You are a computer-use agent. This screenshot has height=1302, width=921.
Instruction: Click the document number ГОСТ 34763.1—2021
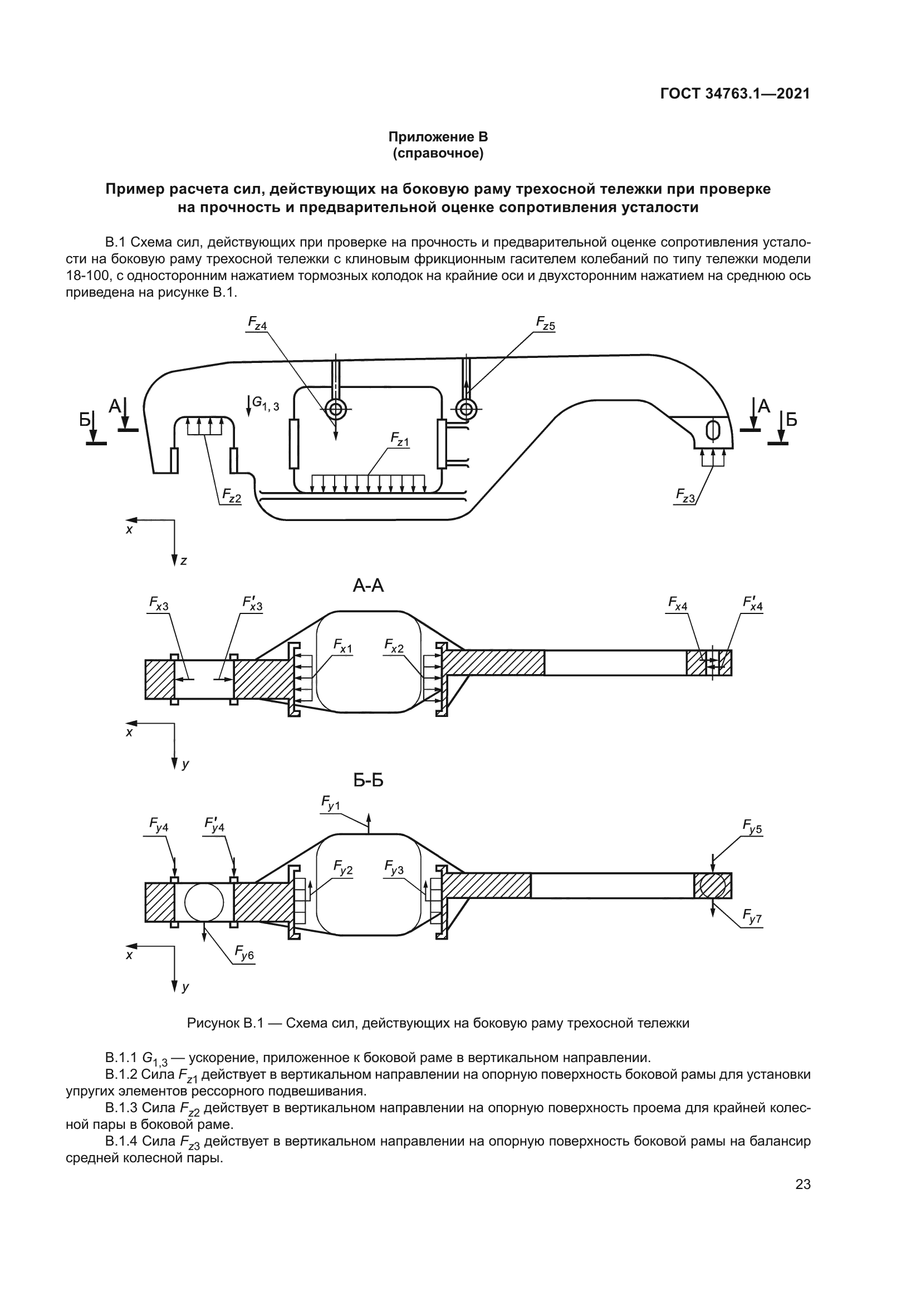[x=735, y=94]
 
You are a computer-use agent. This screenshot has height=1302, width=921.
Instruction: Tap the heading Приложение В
[x=438, y=137]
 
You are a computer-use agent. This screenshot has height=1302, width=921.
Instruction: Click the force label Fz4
[x=257, y=324]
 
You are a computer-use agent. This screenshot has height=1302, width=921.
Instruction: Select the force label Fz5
[x=546, y=324]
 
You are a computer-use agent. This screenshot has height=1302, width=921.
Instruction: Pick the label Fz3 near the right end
[x=685, y=495]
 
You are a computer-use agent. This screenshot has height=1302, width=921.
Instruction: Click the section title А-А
[x=369, y=585]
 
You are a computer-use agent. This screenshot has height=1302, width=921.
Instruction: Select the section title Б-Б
[x=369, y=780]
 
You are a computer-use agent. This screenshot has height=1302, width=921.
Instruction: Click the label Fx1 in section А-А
[x=342, y=646]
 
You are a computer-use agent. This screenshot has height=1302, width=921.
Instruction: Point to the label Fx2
[x=394, y=646]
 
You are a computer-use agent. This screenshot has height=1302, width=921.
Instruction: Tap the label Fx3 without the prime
[x=159, y=605]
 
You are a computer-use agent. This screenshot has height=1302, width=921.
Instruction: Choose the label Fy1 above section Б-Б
[x=331, y=803]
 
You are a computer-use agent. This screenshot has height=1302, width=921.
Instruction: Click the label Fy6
[x=244, y=952]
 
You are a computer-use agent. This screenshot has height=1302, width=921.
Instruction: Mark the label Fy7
[x=753, y=916]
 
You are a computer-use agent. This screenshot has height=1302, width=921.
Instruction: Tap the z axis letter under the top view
[x=183, y=562]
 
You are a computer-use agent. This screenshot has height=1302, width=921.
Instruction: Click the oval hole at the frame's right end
[x=712, y=430]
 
